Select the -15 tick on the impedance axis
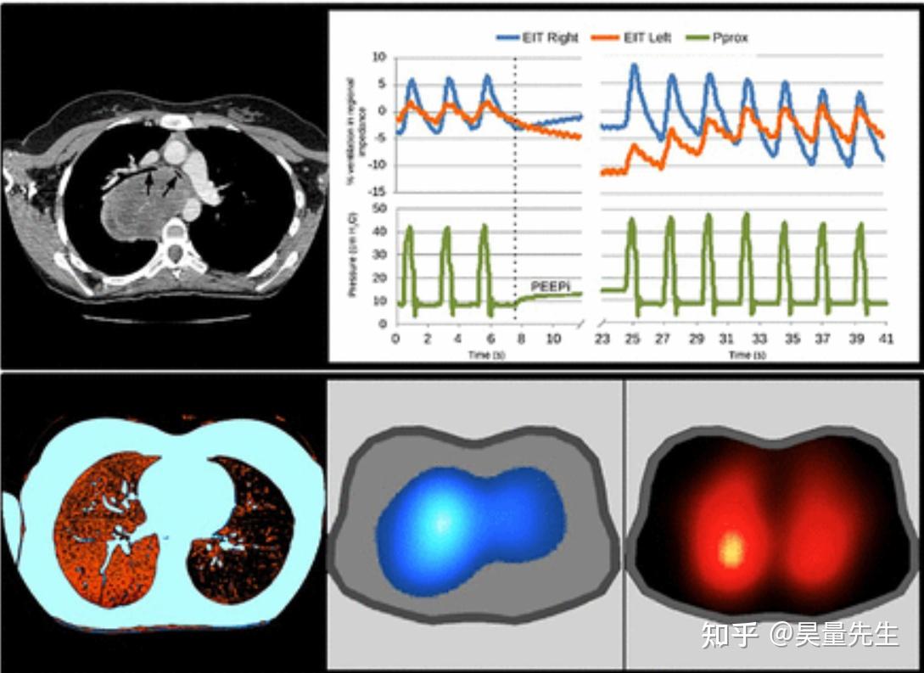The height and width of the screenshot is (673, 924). pyautogui.click(x=379, y=191)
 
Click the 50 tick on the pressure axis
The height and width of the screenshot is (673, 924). pyautogui.click(x=379, y=208)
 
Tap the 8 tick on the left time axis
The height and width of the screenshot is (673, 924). pyautogui.click(x=523, y=339)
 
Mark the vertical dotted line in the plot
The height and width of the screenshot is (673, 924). pyautogui.click(x=515, y=195)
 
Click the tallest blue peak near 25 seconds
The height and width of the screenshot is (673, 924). pyautogui.click(x=633, y=66)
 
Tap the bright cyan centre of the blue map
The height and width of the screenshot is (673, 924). pyautogui.click(x=440, y=522)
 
